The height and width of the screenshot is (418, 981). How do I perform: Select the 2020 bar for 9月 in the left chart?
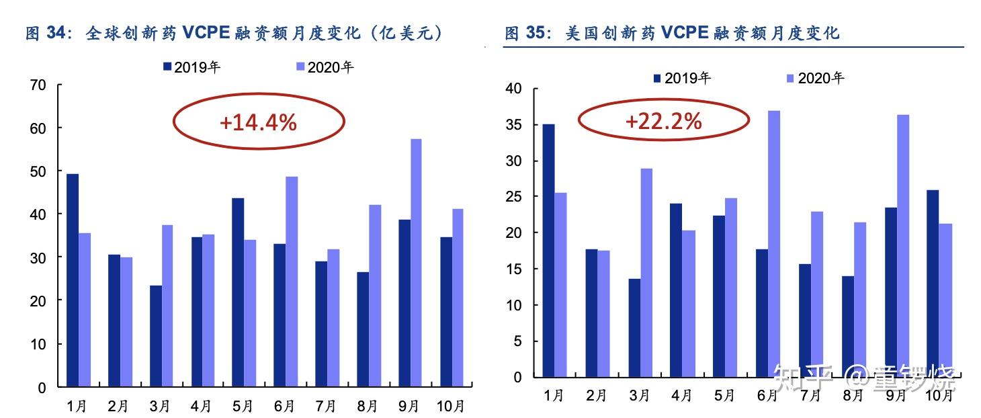pos(416,263)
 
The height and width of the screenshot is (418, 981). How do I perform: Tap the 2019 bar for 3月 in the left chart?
pos(155,336)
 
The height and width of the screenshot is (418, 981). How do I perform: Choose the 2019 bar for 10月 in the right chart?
pos(932,283)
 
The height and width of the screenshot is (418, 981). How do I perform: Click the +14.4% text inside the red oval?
pos(258,122)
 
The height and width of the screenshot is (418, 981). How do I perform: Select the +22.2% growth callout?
pos(663,121)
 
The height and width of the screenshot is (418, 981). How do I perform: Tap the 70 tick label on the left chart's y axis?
pos(38,85)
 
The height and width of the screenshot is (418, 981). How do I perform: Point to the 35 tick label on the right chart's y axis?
pos(513,125)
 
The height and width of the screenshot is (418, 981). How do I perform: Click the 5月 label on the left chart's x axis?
pos(243,406)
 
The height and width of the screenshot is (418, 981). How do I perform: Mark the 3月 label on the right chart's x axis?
pos(638,396)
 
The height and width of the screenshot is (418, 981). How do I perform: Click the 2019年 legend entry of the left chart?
pos(191,67)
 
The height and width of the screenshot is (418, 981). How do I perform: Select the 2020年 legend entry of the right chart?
pos(814,78)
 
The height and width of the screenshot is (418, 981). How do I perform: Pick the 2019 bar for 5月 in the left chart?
pos(238,292)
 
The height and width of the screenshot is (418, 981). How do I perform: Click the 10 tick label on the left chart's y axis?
pos(38,344)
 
